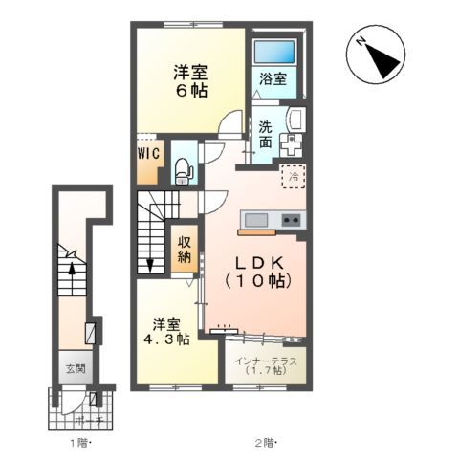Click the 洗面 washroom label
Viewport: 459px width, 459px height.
click(x=266, y=134)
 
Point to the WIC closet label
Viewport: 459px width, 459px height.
click(x=147, y=153)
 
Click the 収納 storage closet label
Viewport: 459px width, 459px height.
click(x=184, y=248)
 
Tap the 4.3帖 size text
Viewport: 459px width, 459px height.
click(x=166, y=339)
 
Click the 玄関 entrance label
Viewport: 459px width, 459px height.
click(x=74, y=368)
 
